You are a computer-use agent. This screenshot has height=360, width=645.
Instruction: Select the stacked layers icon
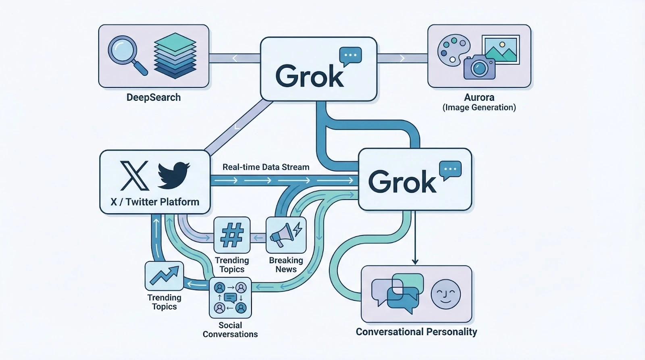click(x=175, y=56)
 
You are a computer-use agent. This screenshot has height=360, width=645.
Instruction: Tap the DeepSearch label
click(x=154, y=97)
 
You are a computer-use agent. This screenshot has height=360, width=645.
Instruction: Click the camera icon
click(x=479, y=67)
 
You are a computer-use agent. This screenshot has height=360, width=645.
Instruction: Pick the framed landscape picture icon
click(x=501, y=50)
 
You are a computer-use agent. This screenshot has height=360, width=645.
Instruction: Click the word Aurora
click(x=479, y=97)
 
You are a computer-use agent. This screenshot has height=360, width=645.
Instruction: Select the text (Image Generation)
click(x=479, y=108)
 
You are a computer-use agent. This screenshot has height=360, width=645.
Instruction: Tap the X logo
click(x=135, y=176)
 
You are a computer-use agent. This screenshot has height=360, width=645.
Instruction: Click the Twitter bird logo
click(x=173, y=175)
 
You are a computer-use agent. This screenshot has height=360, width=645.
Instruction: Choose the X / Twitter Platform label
click(x=155, y=202)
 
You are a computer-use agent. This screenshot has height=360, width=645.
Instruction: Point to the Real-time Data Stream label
click(x=266, y=167)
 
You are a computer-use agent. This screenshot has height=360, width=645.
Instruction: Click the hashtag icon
click(x=232, y=235)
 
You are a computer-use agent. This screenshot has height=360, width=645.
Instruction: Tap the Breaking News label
click(x=286, y=265)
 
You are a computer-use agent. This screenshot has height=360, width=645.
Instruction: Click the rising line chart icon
click(x=164, y=276)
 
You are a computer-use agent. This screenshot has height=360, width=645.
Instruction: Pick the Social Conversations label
click(x=230, y=330)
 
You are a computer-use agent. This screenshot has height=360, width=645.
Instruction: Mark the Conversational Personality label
click(x=416, y=332)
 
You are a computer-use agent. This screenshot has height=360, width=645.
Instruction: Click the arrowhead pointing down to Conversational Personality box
click(x=415, y=262)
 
